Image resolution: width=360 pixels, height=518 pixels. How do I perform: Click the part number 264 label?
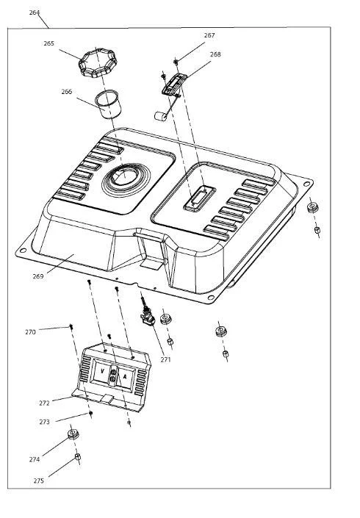click(x=35, y=12)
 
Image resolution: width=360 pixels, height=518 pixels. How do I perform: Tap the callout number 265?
click(x=49, y=43)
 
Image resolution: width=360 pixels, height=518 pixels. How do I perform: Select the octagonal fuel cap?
click(x=98, y=63)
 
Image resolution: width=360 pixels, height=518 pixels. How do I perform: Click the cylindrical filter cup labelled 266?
click(x=108, y=104)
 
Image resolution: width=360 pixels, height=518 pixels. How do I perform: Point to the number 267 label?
click(x=209, y=35)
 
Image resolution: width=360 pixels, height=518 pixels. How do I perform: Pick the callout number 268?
click(x=215, y=54)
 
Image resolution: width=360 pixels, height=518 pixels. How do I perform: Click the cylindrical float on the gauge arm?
click(x=160, y=116)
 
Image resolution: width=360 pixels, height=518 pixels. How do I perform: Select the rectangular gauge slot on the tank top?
click(x=200, y=198)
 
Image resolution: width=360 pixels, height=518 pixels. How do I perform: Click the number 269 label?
click(x=38, y=276)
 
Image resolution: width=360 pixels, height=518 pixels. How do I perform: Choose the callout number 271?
click(x=166, y=360)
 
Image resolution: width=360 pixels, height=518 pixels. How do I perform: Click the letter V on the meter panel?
click(x=102, y=371)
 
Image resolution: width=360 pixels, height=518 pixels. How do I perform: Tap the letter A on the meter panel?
click(x=125, y=376)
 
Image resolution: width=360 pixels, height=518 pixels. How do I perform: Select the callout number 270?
click(x=30, y=332)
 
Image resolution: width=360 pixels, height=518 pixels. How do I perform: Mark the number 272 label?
click(x=44, y=403)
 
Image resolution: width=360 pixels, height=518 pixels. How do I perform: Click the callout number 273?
click(x=44, y=422)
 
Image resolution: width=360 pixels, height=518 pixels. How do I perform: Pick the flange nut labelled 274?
click(x=73, y=434)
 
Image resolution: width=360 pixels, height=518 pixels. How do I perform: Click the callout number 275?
click(x=39, y=481)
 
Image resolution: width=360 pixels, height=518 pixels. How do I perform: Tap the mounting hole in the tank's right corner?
click(x=307, y=184)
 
